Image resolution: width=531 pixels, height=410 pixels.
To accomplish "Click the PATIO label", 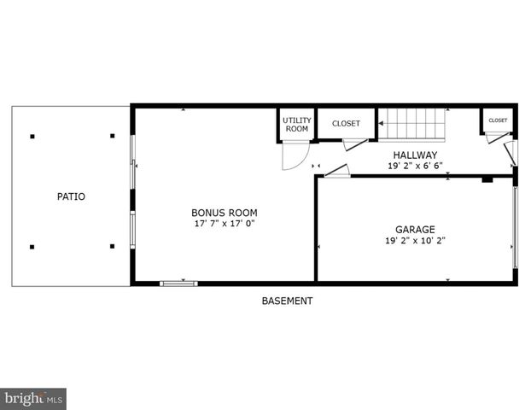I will pyautogui.click(x=71, y=196).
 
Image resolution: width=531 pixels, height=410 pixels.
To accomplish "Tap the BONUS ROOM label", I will pyautogui.click(x=224, y=213).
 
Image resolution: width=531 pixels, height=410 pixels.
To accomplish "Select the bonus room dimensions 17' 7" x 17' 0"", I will pyautogui.click(x=224, y=224).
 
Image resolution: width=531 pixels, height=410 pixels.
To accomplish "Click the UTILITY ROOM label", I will pyautogui.click(x=296, y=125).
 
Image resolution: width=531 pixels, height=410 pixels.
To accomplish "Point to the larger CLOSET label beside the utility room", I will pyautogui.click(x=346, y=124).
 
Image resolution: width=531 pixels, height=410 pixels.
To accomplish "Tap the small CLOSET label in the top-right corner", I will pyautogui.click(x=498, y=120).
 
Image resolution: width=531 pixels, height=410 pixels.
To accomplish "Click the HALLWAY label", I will pyautogui.click(x=415, y=155).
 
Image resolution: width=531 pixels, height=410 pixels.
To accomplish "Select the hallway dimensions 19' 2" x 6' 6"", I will pyautogui.click(x=415, y=166).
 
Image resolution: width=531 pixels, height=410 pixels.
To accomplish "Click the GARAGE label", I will pyautogui.click(x=415, y=229).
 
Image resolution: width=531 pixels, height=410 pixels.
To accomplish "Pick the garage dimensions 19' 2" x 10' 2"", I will pyautogui.click(x=415, y=240).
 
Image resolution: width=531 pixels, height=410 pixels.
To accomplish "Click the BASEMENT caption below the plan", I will pyautogui.click(x=287, y=301).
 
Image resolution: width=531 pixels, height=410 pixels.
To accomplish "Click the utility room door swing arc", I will pyautogui.click(x=295, y=157).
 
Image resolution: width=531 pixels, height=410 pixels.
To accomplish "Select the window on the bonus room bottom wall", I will pyautogui.click(x=178, y=282).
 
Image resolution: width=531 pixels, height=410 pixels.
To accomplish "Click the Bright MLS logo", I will pyautogui.click(x=34, y=398).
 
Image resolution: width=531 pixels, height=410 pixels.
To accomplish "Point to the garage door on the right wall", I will pyautogui.click(x=515, y=226).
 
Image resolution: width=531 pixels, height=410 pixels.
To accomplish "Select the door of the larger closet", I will pyautogui.click(x=356, y=144).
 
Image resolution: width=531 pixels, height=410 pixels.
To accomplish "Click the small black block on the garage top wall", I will pyautogui.click(x=487, y=179).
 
